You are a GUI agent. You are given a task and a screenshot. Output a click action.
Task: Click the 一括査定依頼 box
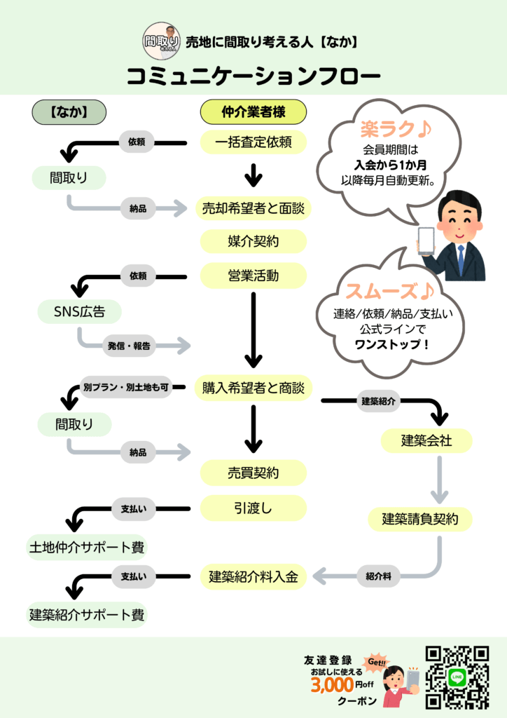click(x=253, y=142)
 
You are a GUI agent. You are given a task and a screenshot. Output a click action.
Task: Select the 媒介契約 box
click(x=253, y=241)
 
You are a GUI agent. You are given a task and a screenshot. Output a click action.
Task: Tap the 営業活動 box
click(x=253, y=276)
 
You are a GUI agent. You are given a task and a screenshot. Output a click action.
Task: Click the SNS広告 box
click(x=71, y=311)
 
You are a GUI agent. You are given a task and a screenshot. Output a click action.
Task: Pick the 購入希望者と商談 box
click(x=253, y=388)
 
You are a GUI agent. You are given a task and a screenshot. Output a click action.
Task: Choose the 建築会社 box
click(x=426, y=440)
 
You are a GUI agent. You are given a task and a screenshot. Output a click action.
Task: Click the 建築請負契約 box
click(x=420, y=519)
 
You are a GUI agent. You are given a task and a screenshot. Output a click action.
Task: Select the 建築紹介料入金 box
click(x=253, y=577)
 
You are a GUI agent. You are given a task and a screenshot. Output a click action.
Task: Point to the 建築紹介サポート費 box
click(x=87, y=615)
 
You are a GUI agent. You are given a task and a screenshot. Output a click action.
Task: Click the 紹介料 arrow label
click(x=378, y=576)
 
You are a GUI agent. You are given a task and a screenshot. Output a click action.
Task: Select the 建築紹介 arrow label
click(x=378, y=402)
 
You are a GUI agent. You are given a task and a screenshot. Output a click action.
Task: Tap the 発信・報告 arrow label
click(x=129, y=345)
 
